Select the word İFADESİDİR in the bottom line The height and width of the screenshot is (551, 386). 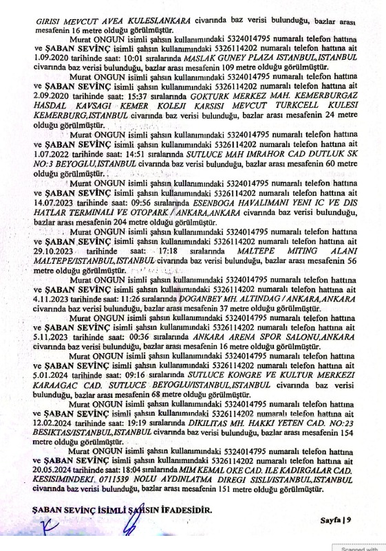coord(178,510)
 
